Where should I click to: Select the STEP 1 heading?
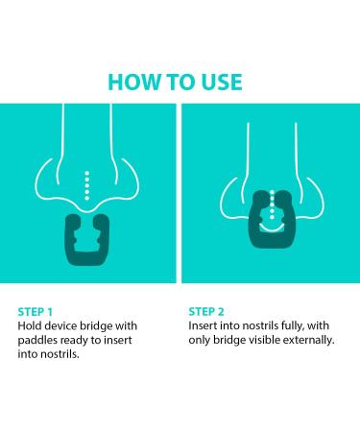(36, 312)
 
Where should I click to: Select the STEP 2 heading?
(206, 312)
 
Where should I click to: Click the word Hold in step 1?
(30, 325)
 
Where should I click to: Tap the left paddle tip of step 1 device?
(73, 220)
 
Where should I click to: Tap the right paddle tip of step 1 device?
(102, 220)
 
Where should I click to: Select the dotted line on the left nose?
(86, 185)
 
